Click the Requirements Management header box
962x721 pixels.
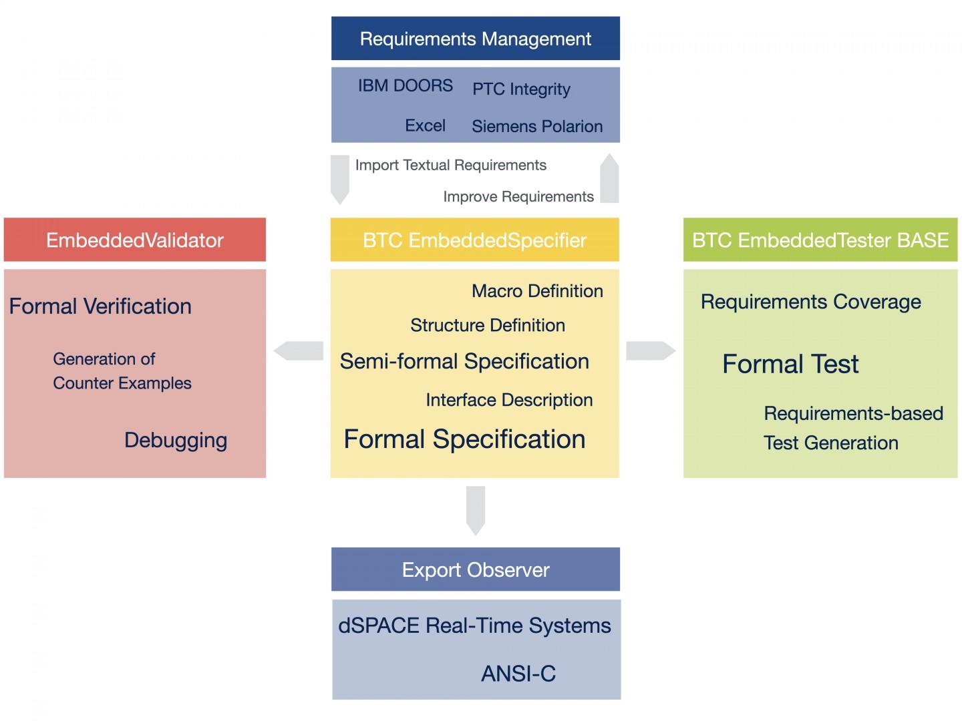(x=475, y=39)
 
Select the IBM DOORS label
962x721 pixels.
(x=405, y=86)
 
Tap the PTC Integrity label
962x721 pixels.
(x=521, y=89)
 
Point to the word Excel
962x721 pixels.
(x=425, y=126)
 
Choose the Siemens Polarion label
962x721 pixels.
(x=536, y=126)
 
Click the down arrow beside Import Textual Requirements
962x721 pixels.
(x=340, y=179)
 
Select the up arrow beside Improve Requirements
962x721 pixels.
(x=609, y=179)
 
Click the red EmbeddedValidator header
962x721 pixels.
(x=134, y=240)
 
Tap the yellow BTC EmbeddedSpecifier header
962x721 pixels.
(x=474, y=240)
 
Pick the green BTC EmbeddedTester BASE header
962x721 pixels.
(x=820, y=240)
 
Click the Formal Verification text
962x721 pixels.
(x=100, y=306)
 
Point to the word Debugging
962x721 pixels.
(x=176, y=440)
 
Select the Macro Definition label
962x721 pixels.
(x=537, y=291)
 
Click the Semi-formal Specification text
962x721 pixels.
(x=464, y=361)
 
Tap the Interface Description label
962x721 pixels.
(x=509, y=400)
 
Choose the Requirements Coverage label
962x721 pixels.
(x=810, y=302)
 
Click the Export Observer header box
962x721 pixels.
(x=475, y=569)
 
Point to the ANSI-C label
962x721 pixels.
(x=518, y=674)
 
